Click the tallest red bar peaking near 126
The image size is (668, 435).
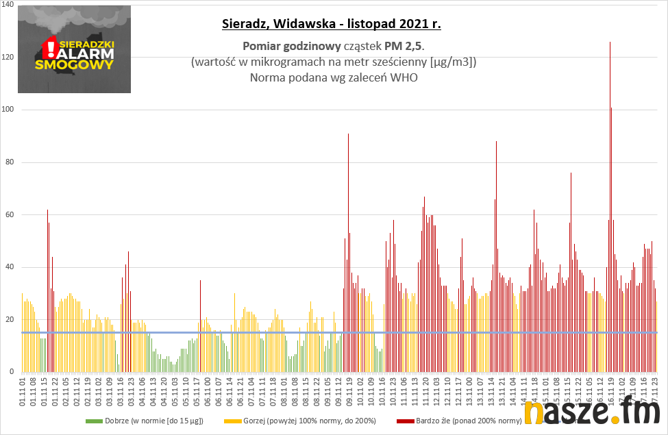(x=610, y=206)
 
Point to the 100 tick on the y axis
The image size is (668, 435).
(x=8, y=110)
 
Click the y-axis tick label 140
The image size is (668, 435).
(x=8, y=4)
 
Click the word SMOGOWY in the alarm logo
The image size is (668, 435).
(x=73, y=66)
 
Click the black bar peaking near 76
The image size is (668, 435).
(x=571, y=274)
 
